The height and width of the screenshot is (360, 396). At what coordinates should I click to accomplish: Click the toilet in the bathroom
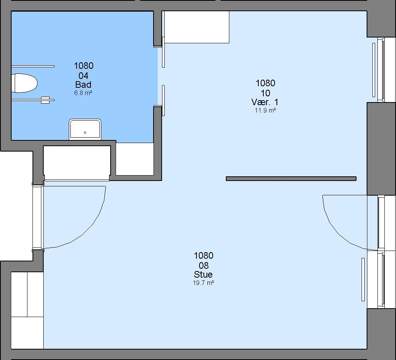click(24, 83)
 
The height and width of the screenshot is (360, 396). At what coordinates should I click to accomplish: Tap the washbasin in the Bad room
click(85, 129)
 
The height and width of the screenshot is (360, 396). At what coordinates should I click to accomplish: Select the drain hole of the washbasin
click(85, 133)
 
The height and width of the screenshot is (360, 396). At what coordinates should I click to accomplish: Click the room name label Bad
click(84, 84)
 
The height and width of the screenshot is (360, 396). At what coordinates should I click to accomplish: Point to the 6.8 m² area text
click(83, 93)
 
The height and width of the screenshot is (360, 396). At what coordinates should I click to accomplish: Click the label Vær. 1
click(265, 102)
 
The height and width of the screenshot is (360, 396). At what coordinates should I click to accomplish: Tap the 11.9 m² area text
click(265, 110)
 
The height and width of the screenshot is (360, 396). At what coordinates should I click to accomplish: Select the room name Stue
click(203, 275)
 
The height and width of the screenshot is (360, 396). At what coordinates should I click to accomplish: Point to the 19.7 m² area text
click(203, 283)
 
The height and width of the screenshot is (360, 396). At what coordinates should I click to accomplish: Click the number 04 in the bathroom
click(84, 75)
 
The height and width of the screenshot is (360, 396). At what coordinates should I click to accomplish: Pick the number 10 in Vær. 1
click(265, 93)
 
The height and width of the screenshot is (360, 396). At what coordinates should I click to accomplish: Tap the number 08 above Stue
click(203, 266)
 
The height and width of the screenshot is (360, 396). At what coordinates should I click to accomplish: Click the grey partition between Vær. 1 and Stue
click(291, 179)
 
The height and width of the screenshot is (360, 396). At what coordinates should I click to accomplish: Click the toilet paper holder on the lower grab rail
click(45, 100)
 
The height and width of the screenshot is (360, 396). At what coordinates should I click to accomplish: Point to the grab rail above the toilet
click(33, 67)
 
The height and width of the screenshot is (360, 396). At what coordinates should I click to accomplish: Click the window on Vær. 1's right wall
click(381, 70)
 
